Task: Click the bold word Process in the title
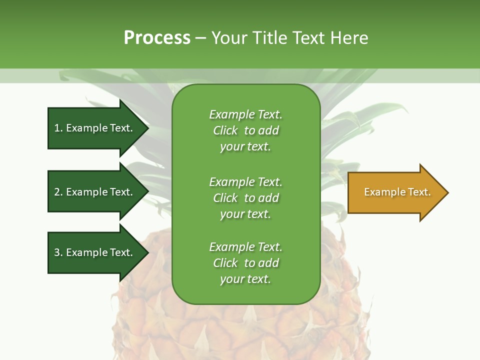(x=157, y=38)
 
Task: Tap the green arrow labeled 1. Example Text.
(x=93, y=128)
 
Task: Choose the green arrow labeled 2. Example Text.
(x=93, y=192)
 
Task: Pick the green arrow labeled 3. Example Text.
(x=93, y=252)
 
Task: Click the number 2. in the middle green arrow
(x=58, y=192)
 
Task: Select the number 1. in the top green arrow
(x=58, y=128)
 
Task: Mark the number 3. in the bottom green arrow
(x=58, y=252)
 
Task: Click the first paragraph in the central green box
(x=245, y=130)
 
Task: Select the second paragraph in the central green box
(x=245, y=198)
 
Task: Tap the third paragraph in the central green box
(x=245, y=263)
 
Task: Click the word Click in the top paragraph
(x=225, y=130)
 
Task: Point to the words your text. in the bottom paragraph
(x=245, y=279)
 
